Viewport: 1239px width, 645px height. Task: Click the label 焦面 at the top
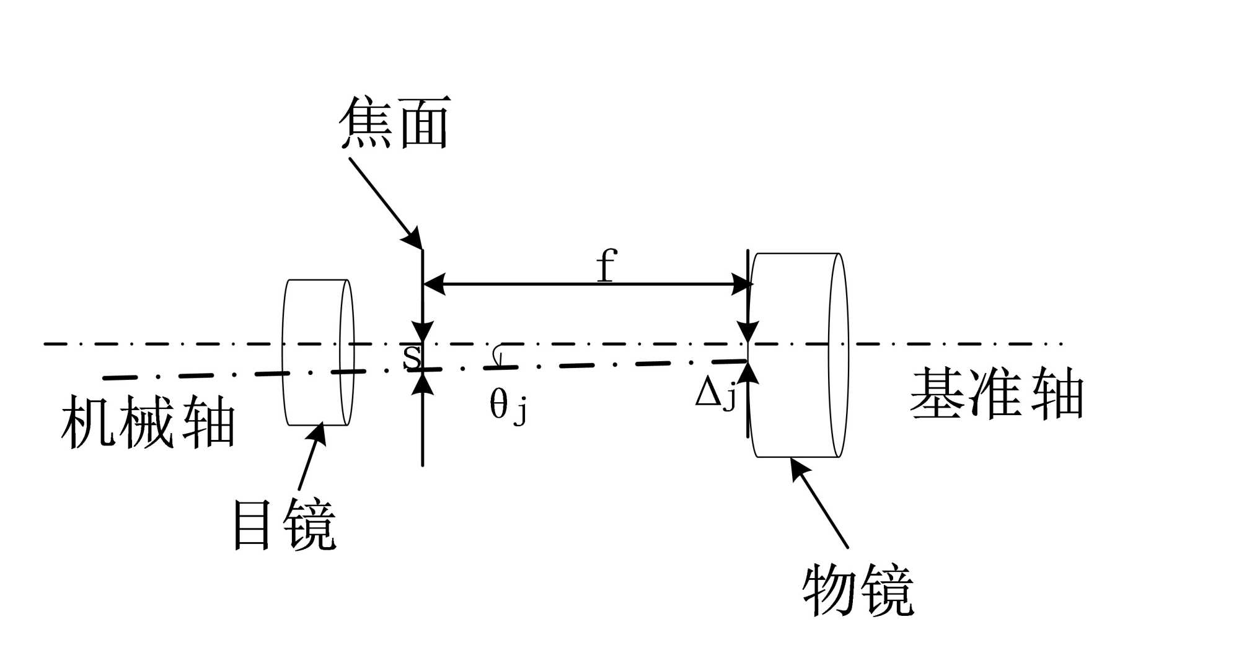click(395, 123)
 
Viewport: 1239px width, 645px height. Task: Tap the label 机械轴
click(148, 422)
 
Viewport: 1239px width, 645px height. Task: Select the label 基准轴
click(996, 393)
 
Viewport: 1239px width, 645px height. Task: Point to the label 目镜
click(284, 525)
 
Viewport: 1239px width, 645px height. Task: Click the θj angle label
click(508, 406)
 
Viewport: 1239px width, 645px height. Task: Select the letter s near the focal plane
click(412, 356)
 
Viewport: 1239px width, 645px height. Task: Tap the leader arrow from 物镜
click(819, 502)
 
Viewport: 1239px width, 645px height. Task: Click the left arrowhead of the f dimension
click(434, 284)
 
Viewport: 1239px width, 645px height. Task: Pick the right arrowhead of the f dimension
click(742, 284)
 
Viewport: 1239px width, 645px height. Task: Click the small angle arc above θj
click(497, 354)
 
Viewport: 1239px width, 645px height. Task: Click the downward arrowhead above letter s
click(423, 331)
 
